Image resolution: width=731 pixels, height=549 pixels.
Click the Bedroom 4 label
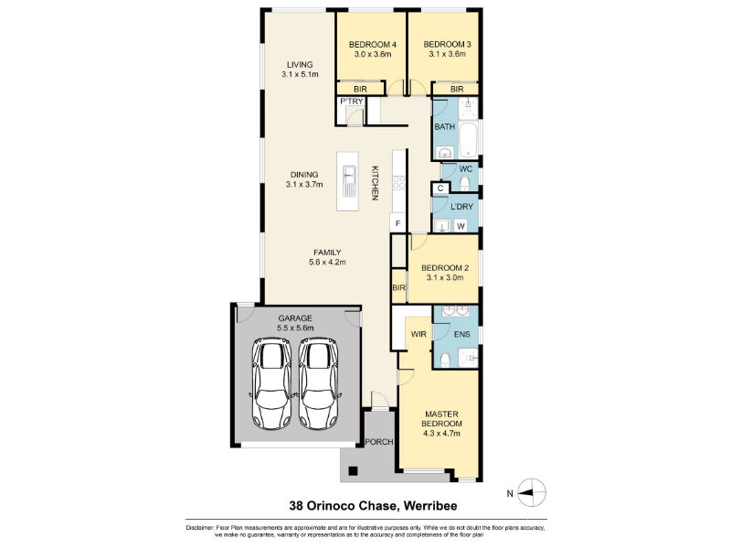(x=373, y=45)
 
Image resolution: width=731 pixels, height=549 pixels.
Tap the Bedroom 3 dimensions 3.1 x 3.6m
(x=447, y=54)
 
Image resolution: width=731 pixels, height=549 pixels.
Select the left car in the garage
(x=272, y=383)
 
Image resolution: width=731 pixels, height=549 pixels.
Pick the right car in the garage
(x=319, y=383)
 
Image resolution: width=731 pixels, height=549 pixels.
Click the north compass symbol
(x=532, y=492)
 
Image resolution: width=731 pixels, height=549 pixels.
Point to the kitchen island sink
(x=348, y=180)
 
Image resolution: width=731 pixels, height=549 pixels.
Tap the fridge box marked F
(x=398, y=223)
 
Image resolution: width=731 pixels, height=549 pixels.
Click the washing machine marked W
(x=461, y=226)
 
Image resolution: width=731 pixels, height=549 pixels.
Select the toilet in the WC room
(x=465, y=184)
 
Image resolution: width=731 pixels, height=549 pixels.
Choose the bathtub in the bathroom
(x=468, y=141)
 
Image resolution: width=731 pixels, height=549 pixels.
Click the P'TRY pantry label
(x=352, y=102)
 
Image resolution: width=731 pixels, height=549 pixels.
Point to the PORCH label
(x=379, y=442)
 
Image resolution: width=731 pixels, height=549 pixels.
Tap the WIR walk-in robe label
(x=418, y=334)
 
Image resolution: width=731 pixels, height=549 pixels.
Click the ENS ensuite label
(x=462, y=334)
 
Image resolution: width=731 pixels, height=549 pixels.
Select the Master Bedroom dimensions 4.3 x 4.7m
(x=441, y=433)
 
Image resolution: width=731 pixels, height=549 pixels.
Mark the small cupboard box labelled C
(x=440, y=188)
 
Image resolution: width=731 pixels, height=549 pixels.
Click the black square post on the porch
(x=353, y=471)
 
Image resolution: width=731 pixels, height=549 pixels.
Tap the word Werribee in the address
(x=430, y=506)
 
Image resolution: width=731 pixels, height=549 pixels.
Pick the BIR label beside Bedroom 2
(x=398, y=288)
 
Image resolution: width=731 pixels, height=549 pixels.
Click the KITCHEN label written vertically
(x=375, y=183)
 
